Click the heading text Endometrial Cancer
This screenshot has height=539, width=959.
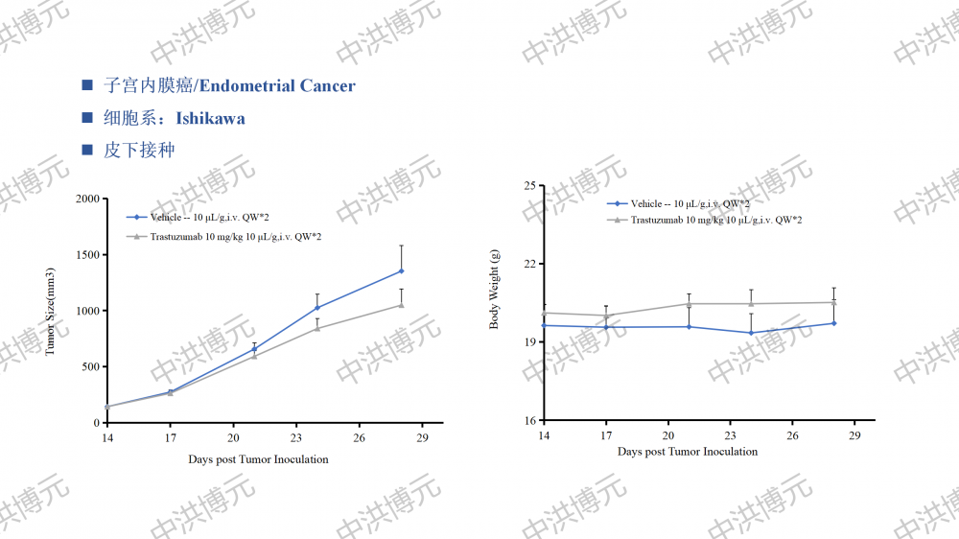(276, 86)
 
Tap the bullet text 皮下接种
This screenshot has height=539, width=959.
(139, 151)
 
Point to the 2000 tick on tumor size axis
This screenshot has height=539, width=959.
(88, 199)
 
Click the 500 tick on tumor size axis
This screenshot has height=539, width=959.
(91, 367)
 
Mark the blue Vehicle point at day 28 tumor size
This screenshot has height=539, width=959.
(401, 271)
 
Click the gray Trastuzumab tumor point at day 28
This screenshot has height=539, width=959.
(401, 305)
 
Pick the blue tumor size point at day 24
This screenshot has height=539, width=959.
(317, 309)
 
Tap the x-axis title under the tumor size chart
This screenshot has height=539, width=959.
(258, 459)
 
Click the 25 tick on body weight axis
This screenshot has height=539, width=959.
(528, 185)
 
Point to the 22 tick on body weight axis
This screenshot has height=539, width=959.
(528, 264)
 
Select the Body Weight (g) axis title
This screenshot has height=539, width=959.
(495, 289)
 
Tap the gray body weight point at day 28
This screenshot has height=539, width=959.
(834, 302)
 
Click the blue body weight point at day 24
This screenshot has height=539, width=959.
(751, 333)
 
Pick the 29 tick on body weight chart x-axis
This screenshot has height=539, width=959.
(855, 435)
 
